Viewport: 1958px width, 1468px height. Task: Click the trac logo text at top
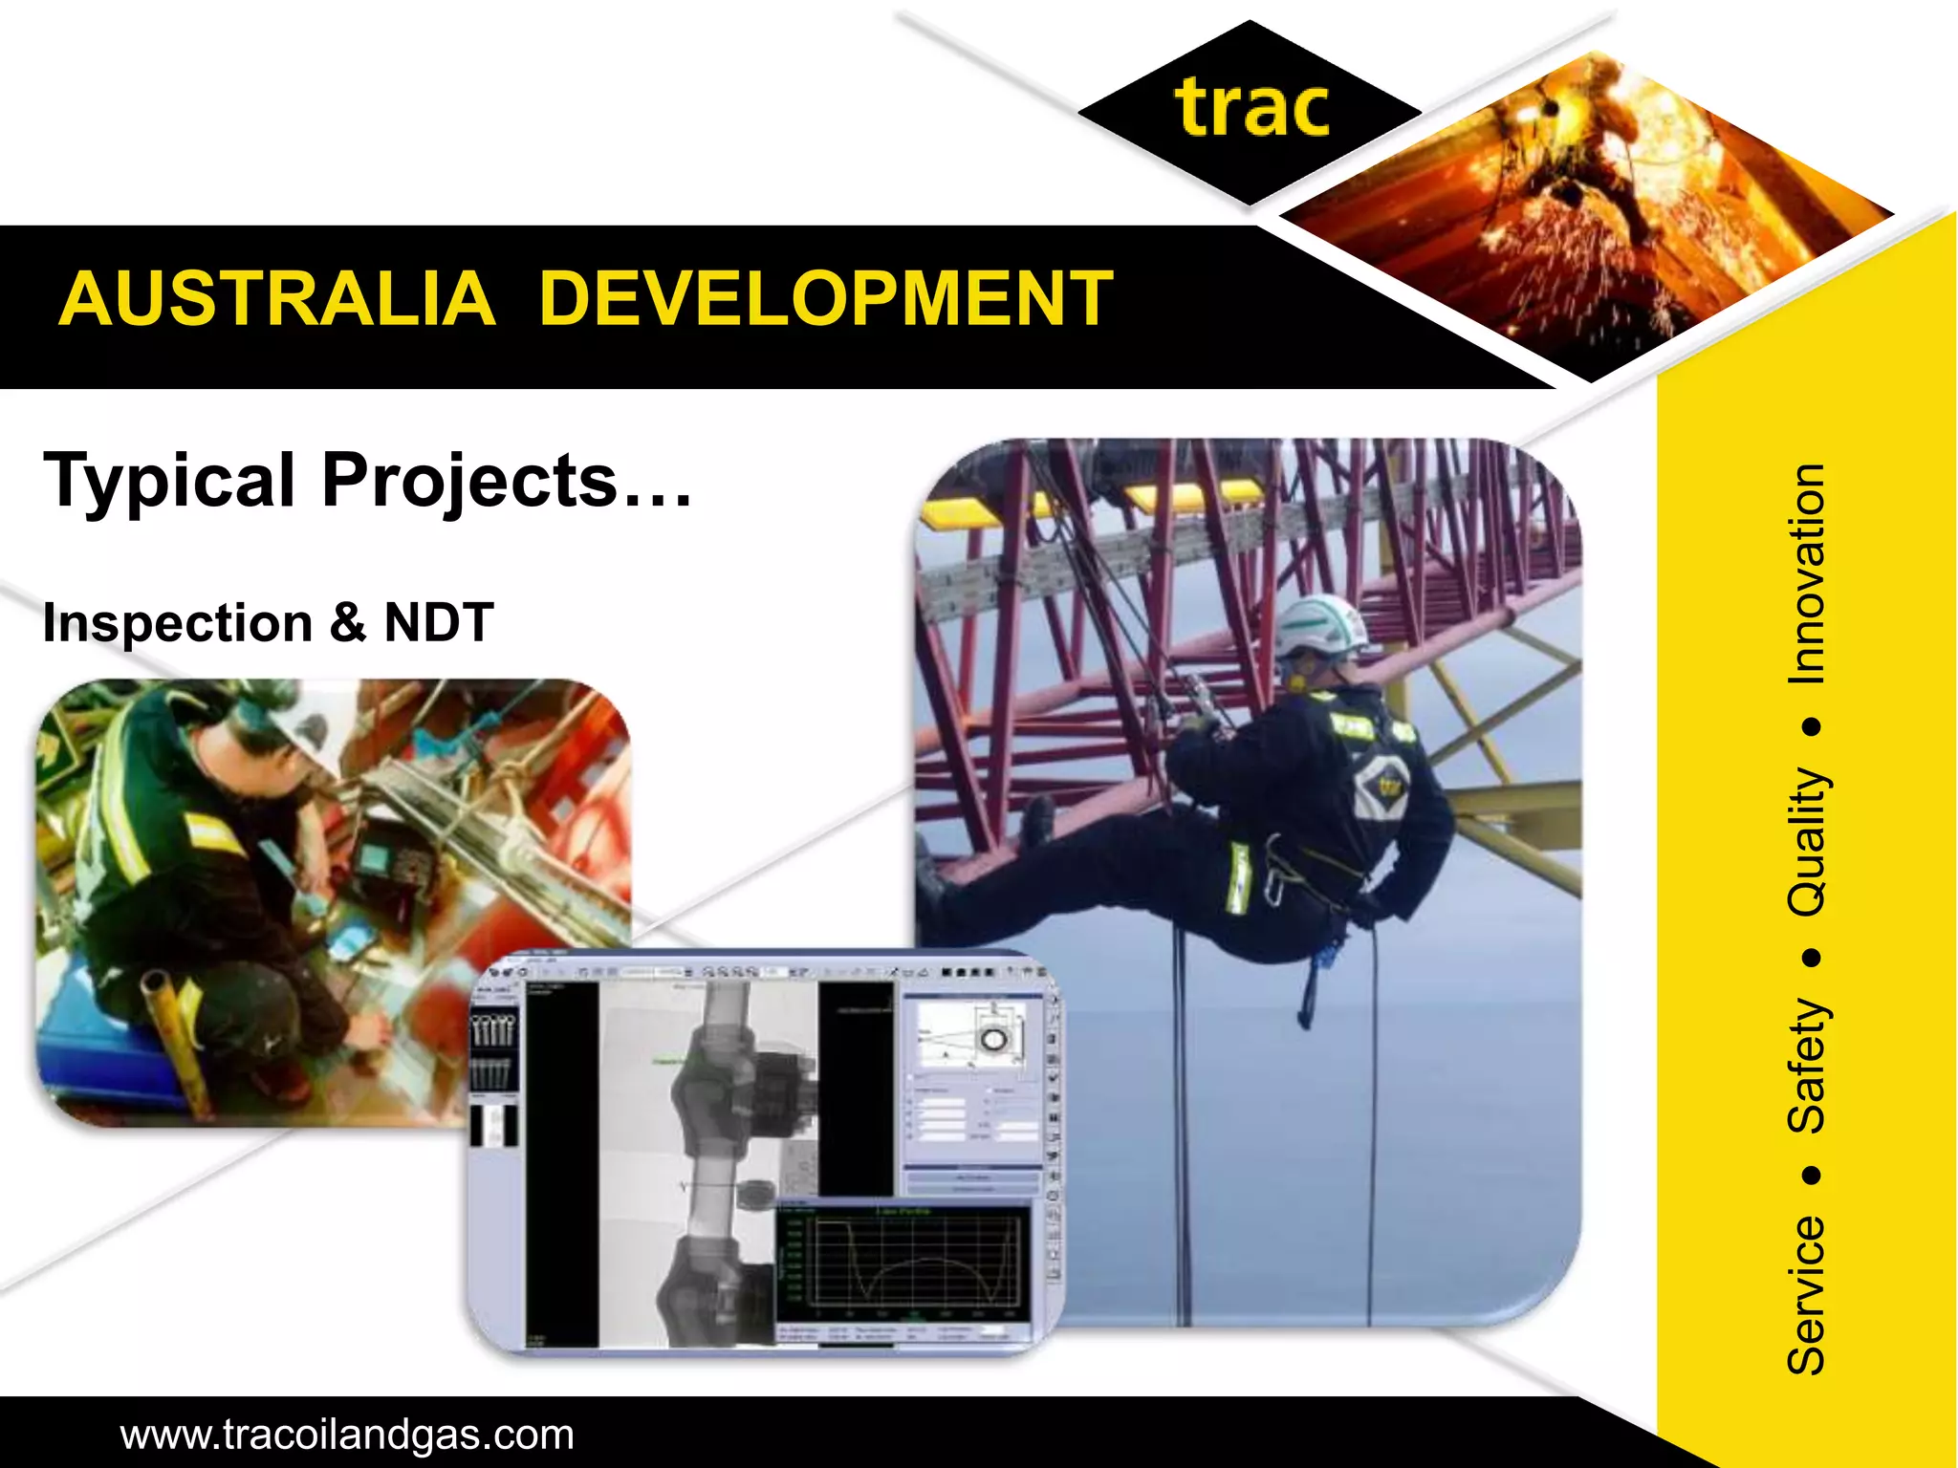click(x=1251, y=110)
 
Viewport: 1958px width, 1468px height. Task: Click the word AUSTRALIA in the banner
click(x=277, y=299)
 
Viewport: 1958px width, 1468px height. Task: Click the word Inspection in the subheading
click(x=178, y=623)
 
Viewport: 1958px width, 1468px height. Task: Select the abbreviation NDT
click(x=439, y=623)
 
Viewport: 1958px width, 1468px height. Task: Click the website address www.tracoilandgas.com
click(x=347, y=1435)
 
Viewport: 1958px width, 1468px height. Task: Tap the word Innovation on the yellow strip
click(x=1806, y=573)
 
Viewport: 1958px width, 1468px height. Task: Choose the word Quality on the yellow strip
click(x=1806, y=841)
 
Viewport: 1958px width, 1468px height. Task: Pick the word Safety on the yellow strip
click(x=1806, y=1066)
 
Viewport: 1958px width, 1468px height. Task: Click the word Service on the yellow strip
click(x=1806, y=1295)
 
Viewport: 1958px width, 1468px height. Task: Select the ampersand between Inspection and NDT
click(x=348, y=623)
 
